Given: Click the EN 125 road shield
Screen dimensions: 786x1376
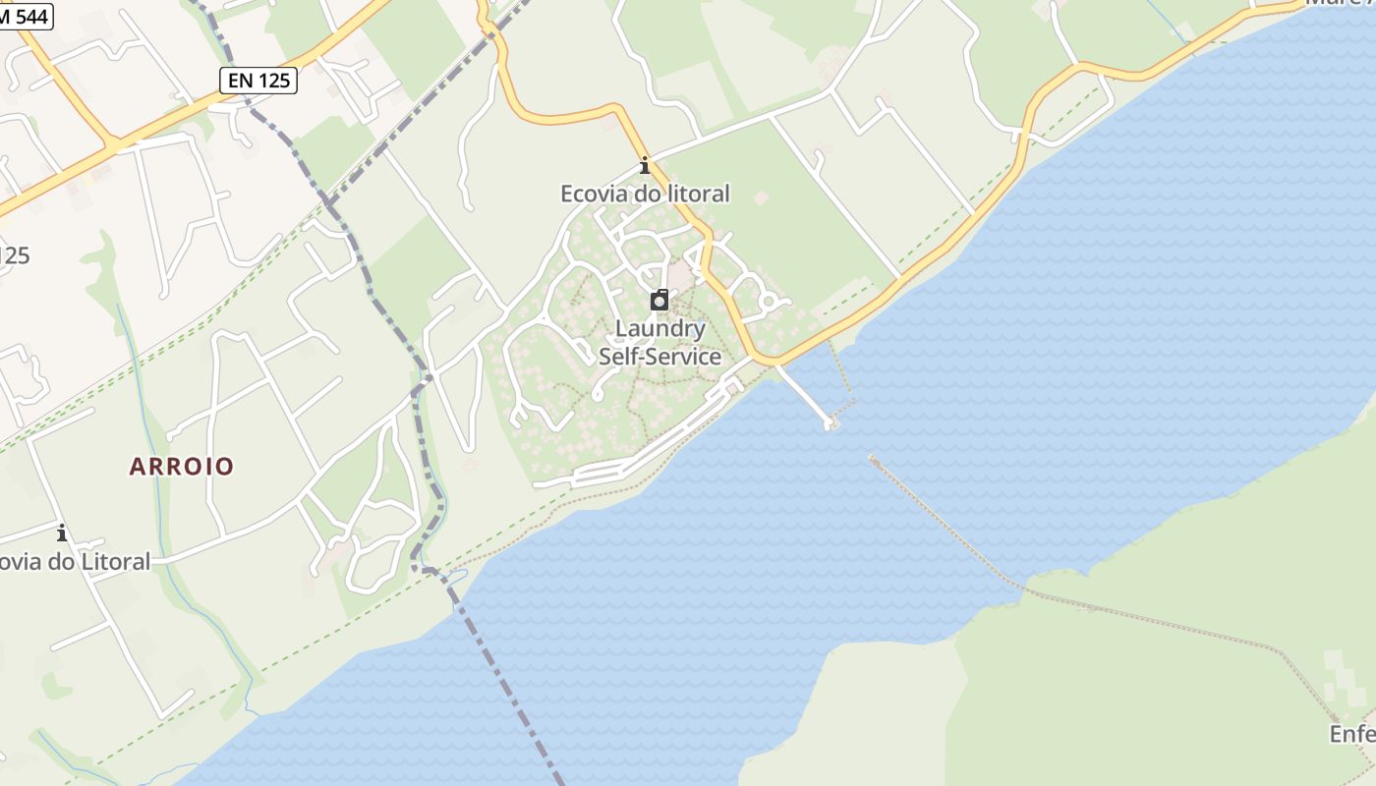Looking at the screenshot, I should (259, 81).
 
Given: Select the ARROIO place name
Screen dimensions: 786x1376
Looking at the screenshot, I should (182, 466).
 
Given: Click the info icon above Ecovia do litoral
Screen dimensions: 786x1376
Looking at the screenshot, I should (645, 165).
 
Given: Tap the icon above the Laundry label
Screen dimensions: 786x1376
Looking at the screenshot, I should (659, 301).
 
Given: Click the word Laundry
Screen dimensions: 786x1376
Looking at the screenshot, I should (660, 329).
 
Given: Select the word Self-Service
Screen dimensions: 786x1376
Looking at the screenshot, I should (660, 357).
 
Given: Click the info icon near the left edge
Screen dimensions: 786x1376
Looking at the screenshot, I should (62, 533).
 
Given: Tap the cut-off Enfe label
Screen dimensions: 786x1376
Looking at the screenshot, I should (1352, 734).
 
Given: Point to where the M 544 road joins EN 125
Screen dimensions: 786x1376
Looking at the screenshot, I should (115, 144).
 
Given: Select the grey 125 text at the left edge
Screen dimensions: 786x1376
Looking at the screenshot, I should (14, 255).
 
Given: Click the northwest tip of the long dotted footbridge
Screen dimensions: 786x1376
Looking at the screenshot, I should (873, 457).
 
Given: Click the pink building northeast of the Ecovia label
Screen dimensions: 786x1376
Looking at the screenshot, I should (760, 197).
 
